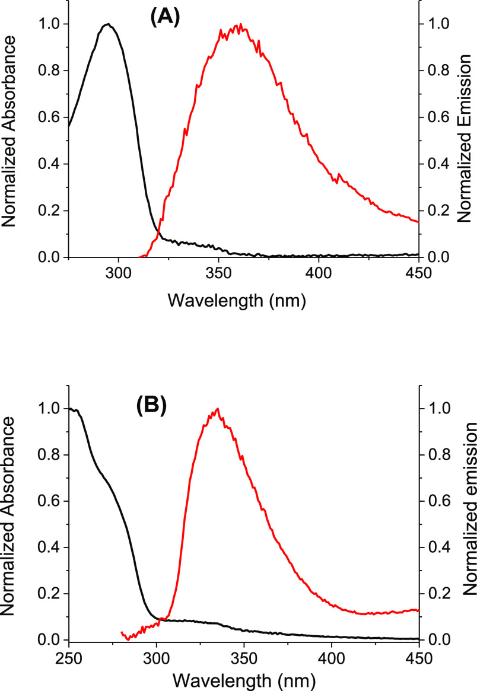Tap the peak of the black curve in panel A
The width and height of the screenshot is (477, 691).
108,24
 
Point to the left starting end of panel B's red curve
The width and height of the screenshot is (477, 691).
121,632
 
